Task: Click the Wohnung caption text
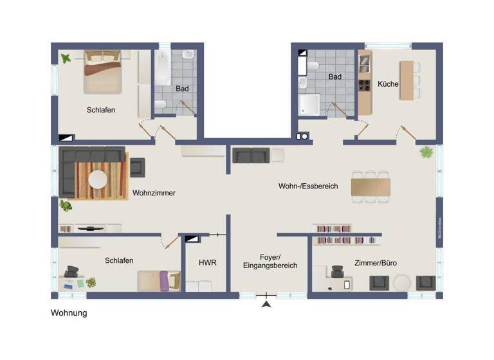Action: pyautogui.click(x=69, y=314)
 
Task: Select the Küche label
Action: pyautogui.click(x=388, y=84)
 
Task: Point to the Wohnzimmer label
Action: pyautogui.click(x=154, y=193)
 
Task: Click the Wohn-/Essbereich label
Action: pyautogui.click(x=308, y=186)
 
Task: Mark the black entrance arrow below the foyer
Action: pyautogui.click(x=266, y=305)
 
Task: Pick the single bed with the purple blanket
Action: pyautogui.click(x=159, y=281)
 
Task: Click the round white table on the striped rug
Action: pyautogui.click(x=98, y=179)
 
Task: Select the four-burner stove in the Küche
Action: pyautogui.click(x=365, y=85)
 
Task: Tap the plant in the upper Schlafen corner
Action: pyautogui.click(x=66, y=59)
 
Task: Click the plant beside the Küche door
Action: pyautogui.click(x=426, y=152)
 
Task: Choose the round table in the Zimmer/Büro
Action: pyautogui.click(x=403, y=283)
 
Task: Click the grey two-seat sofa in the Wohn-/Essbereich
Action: pyautogui.click(x=251, y=156)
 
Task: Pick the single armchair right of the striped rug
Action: pyautogui.click(x=138, y=168)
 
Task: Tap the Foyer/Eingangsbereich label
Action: pyautogui.click(x=270, y=260)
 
